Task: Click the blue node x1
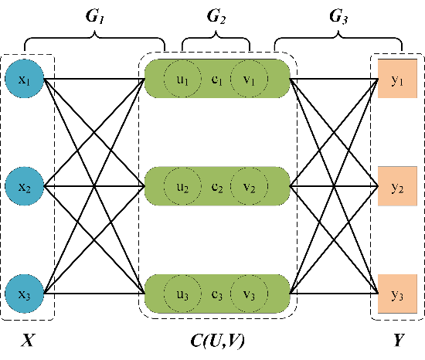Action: pos(25,79)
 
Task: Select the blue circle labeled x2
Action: pos(25,186)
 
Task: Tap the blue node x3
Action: pos(25,294)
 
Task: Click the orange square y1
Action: pos(397,79)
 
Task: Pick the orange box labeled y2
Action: pos(397,186)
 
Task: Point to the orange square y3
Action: pos(397,294)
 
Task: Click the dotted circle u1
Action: pos(182,79)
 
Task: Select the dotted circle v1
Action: pos(249,79)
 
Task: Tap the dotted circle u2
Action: pos(182,186)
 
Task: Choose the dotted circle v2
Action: pos(249,186)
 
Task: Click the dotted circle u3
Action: pos(182,294)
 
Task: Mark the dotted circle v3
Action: pos(249,294)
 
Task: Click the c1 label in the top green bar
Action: pos(217,80)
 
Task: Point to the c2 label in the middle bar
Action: pos(217,188)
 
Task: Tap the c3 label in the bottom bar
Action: pos(217,295)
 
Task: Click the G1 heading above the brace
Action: pos(95,16)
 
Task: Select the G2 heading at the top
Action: pos(216,16)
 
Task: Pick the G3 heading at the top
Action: pos(338,16)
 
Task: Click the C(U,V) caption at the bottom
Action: pos(218,341)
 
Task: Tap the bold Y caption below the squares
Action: pos(399,340)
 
